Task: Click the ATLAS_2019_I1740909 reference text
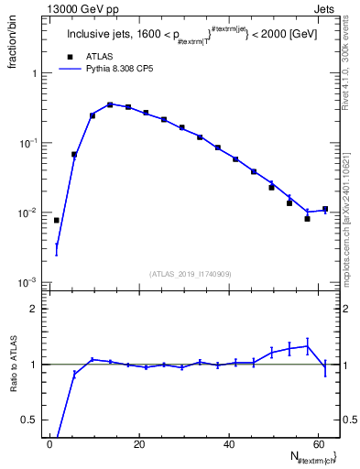point(189,273)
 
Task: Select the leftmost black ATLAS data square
point(57,221)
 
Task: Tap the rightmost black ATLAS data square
point(325,209)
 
